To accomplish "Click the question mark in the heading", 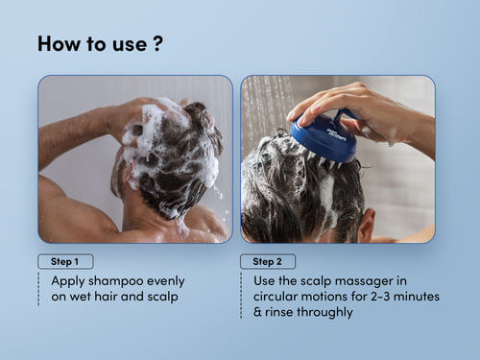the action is pyautogui.click(x=158, y=43).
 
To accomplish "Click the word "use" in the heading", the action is pyautogui.click(x=130, y=44).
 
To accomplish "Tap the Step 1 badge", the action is pyautogui.click(x=65, y=261).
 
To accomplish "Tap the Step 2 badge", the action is pyautogui.click(x=268, y=261).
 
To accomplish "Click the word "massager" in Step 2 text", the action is pyautogui.click(x=364, y=281).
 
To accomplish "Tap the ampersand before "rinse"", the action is pyautogui.click(x=257, y=312).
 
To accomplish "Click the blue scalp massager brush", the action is pyautogui.click(x=324, y=137).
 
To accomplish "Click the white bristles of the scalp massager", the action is pyautogui.click(x=324, y=161).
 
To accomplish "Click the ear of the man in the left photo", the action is pyautogui.click(x=129, y=176).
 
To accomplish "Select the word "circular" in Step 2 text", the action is pyautogui.click(x=276, y=297).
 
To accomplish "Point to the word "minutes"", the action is pyautogui.click(x=417, y=297).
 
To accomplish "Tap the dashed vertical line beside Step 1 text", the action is pyautogui.click(x=38, y=289).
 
